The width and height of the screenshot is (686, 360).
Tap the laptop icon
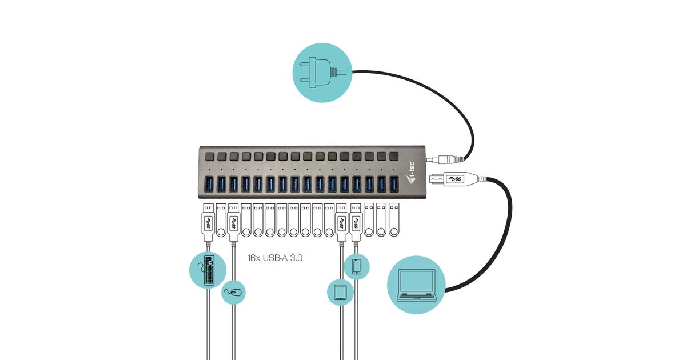click(416, 285)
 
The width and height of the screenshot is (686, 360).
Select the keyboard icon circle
click(208, 269)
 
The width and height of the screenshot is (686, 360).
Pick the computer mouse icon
click(234, 293)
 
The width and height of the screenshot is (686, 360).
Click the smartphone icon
click(357, 267)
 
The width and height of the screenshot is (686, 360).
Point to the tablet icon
click(340, 292)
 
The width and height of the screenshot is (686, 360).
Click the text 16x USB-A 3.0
click(275, 258)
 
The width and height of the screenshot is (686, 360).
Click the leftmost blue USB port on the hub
click(209, 185)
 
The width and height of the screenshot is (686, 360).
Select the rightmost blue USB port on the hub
click(394, 185)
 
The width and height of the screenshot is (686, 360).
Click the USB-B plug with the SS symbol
click(454, 179)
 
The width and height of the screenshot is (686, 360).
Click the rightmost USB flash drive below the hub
click(393, 221)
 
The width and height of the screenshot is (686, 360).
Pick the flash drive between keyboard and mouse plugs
click(221, 221)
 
